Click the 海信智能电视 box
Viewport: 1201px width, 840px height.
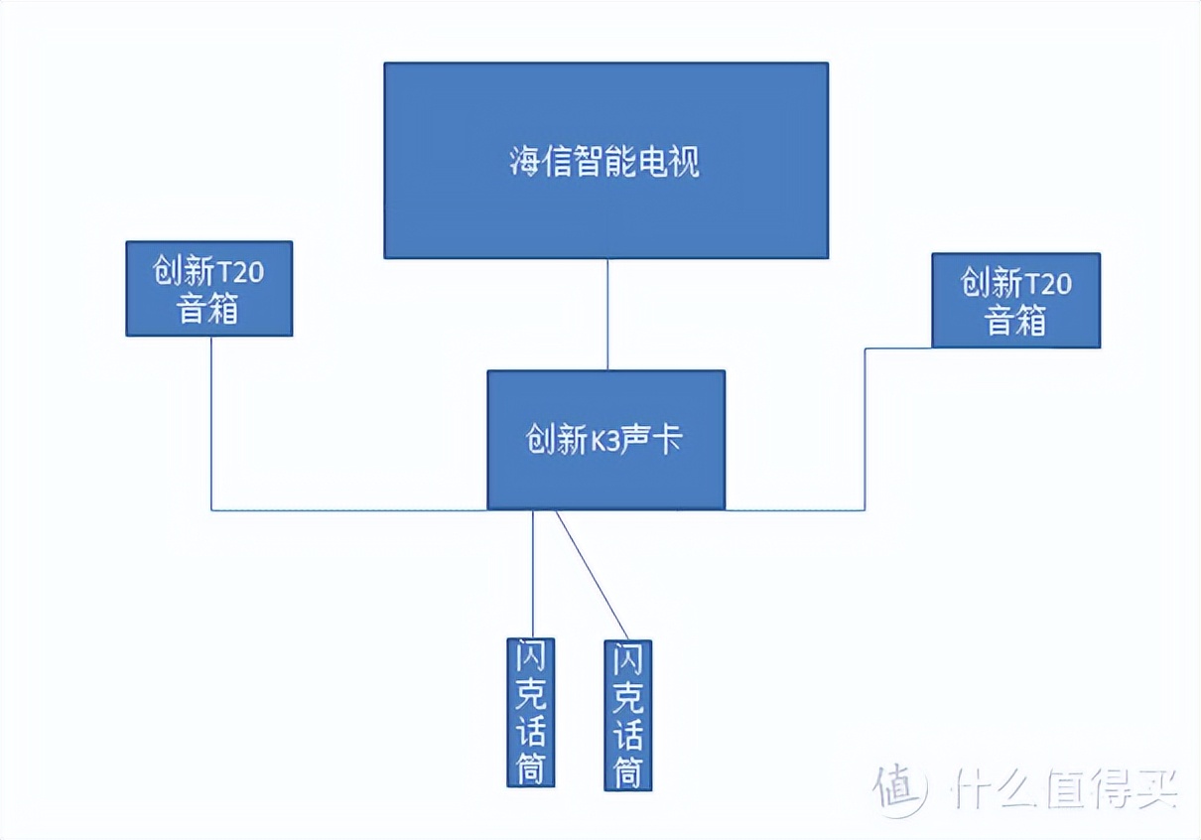tap(605, 160)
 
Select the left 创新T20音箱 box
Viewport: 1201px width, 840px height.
tap(208, 288)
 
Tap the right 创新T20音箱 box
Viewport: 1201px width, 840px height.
tap(1015, 300)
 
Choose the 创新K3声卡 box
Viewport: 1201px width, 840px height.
tap(605, 440)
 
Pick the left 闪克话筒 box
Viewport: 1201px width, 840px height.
tap(531, 712)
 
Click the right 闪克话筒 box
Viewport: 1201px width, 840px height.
tap(628, 715)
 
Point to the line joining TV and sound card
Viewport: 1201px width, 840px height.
tap(606, 314)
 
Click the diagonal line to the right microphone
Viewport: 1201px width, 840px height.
tap(592, 575)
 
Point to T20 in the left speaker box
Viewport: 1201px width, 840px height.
tap(241, 272)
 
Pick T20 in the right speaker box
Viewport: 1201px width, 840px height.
tap(1047, 284)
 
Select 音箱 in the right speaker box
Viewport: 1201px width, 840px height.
tap(1015, 320)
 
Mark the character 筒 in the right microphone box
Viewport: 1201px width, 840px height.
tap(628, 770)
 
